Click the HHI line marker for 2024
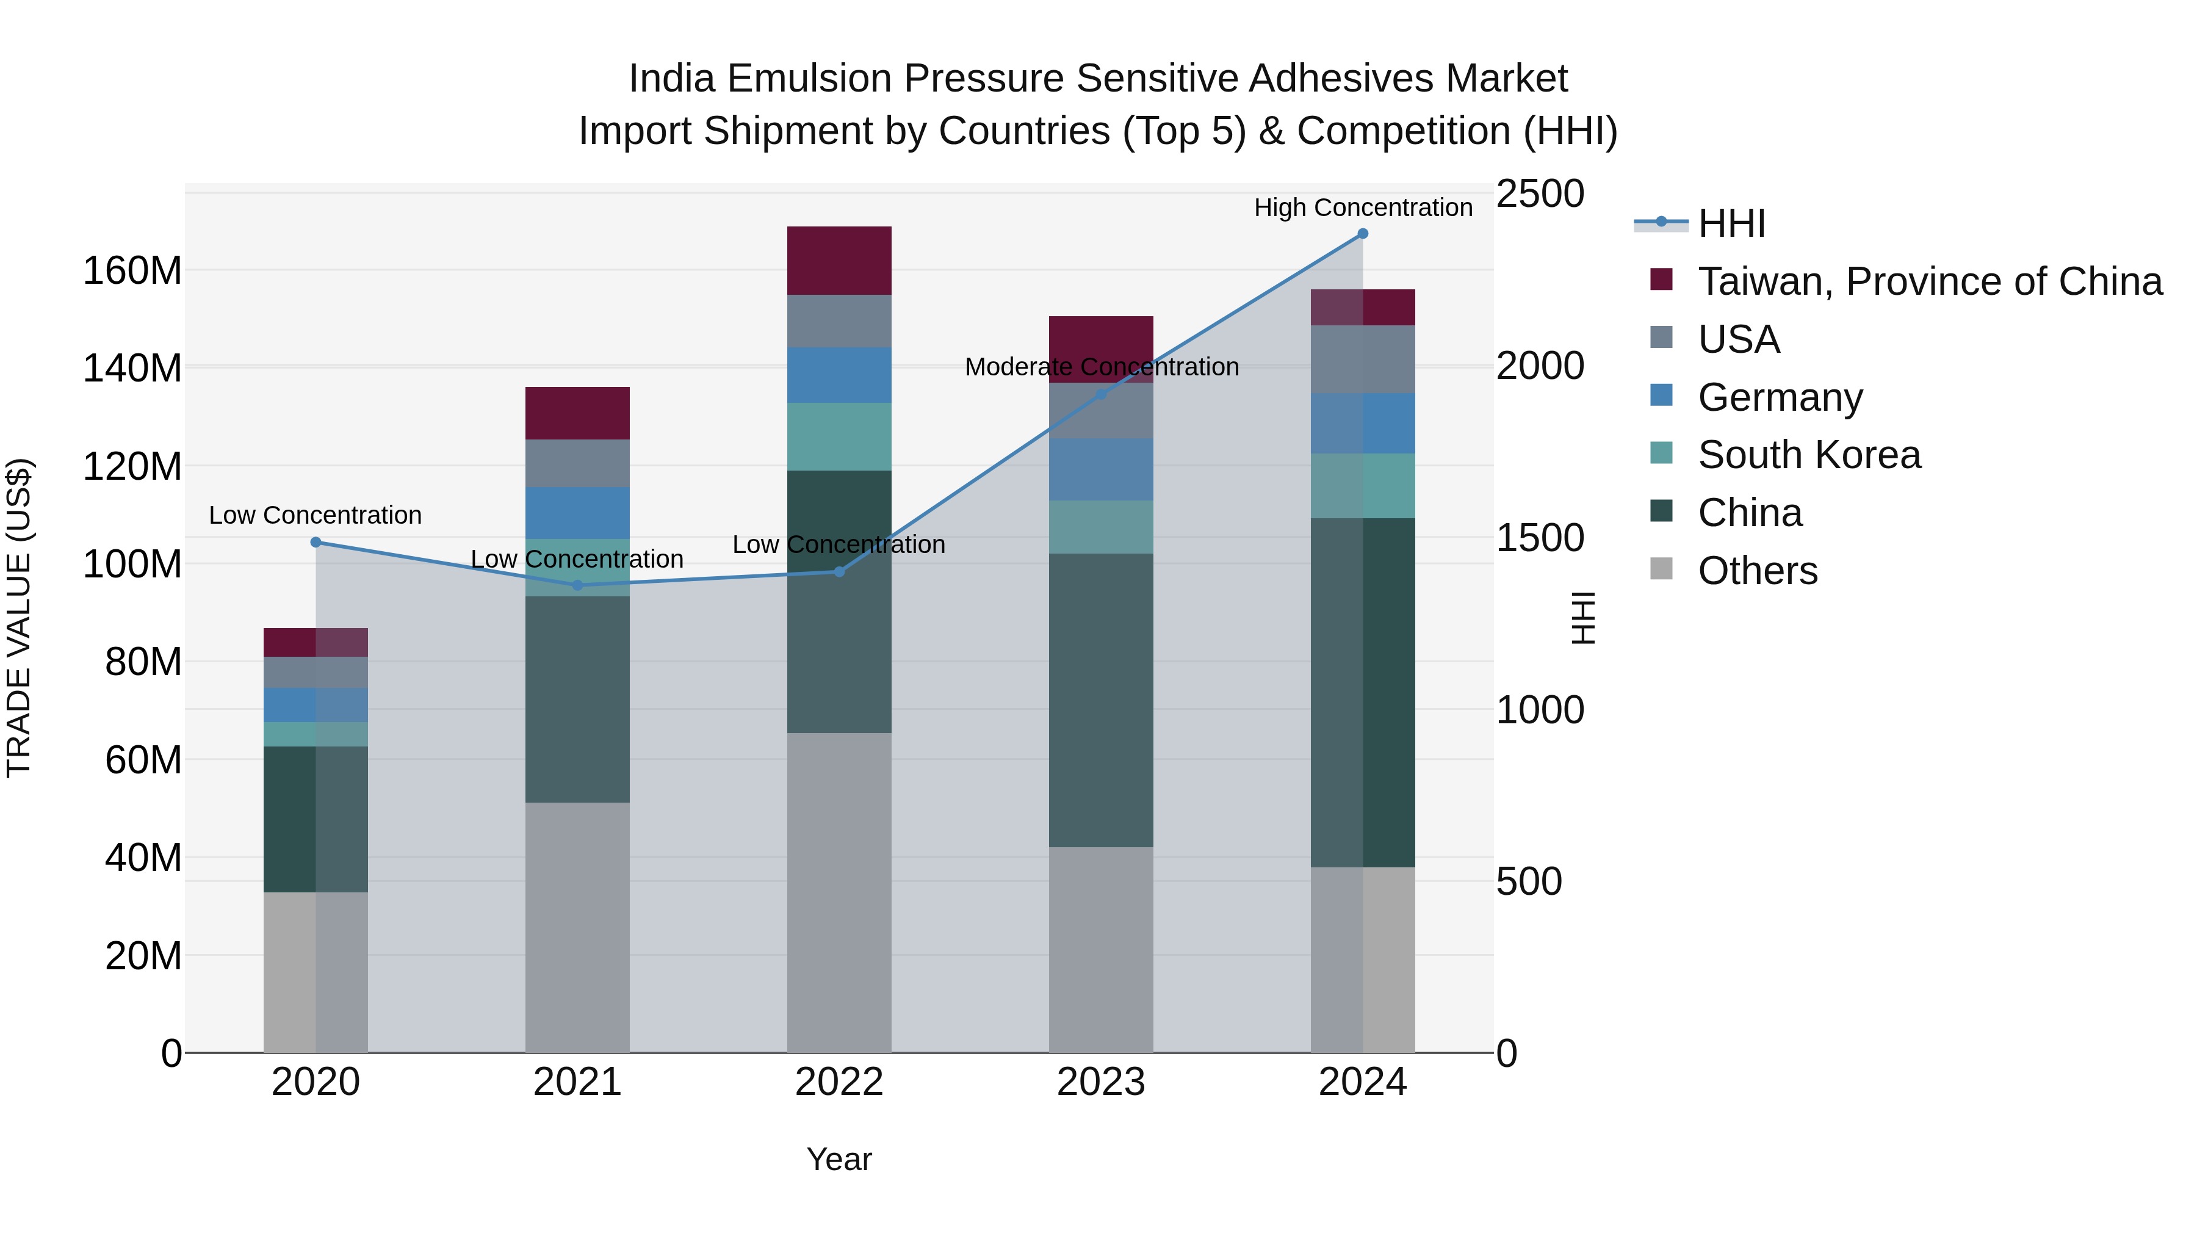coord(1362,234)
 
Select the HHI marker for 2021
coord(577,585)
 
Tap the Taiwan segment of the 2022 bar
coord(839,260)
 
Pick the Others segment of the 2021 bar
coord(577,927)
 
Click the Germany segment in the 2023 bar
coord(1100,469)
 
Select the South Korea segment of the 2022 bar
coord(839,436)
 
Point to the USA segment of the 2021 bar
coord(577,463)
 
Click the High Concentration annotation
coord(1362,208)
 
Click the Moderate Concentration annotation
coord(1101,367)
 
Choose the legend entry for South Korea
coord(1808,455)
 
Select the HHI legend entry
coord(1731,223)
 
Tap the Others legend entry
coord(1757,571)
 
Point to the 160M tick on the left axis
coord(132,271)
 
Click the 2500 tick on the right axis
coord(1540,193)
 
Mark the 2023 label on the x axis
coord(1100,1082)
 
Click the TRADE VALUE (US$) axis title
coord(19,618)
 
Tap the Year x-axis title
coord(839,1159)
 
